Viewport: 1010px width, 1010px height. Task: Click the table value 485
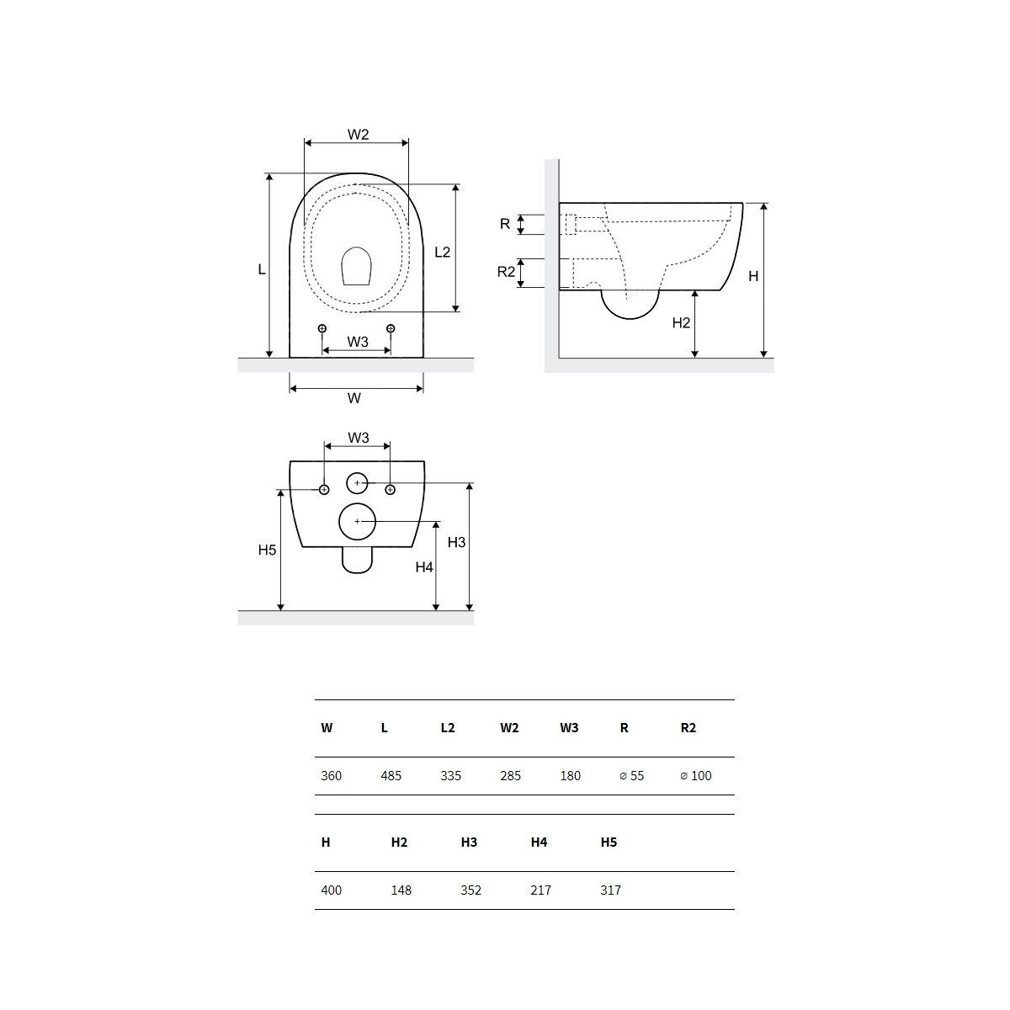click(391, 776)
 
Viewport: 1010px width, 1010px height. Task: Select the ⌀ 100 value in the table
click(695, 776)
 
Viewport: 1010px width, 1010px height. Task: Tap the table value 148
click(401, 890)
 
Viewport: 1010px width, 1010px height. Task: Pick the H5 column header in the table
click(609, 843)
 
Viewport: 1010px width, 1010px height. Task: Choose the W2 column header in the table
click(509, 727)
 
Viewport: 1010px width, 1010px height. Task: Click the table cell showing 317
click(610, 890)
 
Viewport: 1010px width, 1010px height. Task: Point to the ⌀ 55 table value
click(631, 776)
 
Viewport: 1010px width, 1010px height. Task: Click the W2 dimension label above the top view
click(358, 135)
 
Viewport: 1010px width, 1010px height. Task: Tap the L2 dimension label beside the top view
click(443, 252)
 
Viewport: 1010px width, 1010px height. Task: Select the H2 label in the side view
click(681, 323)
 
